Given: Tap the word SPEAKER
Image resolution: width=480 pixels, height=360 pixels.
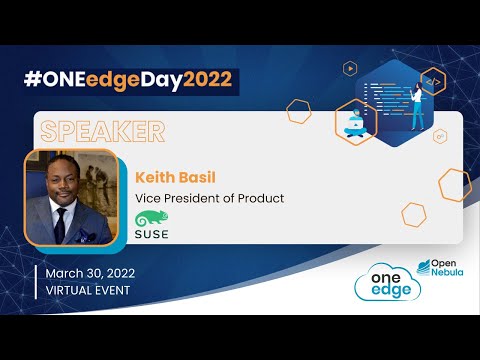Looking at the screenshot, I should click(x=100, y=130).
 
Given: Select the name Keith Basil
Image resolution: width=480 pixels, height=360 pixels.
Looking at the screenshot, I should click(x=177, y=176).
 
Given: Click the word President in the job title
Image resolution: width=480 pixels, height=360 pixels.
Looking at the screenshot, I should click(x=191, y=198).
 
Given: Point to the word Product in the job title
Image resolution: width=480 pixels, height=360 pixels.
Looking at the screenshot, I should click(x=260, y=198).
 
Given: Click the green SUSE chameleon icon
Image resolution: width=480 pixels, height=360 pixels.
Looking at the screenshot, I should click(x=151, y=220).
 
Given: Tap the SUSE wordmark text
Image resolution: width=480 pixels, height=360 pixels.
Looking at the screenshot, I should click(x=151, y=236).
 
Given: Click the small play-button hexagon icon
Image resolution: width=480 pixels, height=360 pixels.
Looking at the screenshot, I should click(x=350, y=68).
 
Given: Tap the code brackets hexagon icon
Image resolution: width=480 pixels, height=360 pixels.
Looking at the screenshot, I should click(x=433, y=80).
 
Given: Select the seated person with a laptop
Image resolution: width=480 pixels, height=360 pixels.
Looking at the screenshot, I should click(x=357, y=123).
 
